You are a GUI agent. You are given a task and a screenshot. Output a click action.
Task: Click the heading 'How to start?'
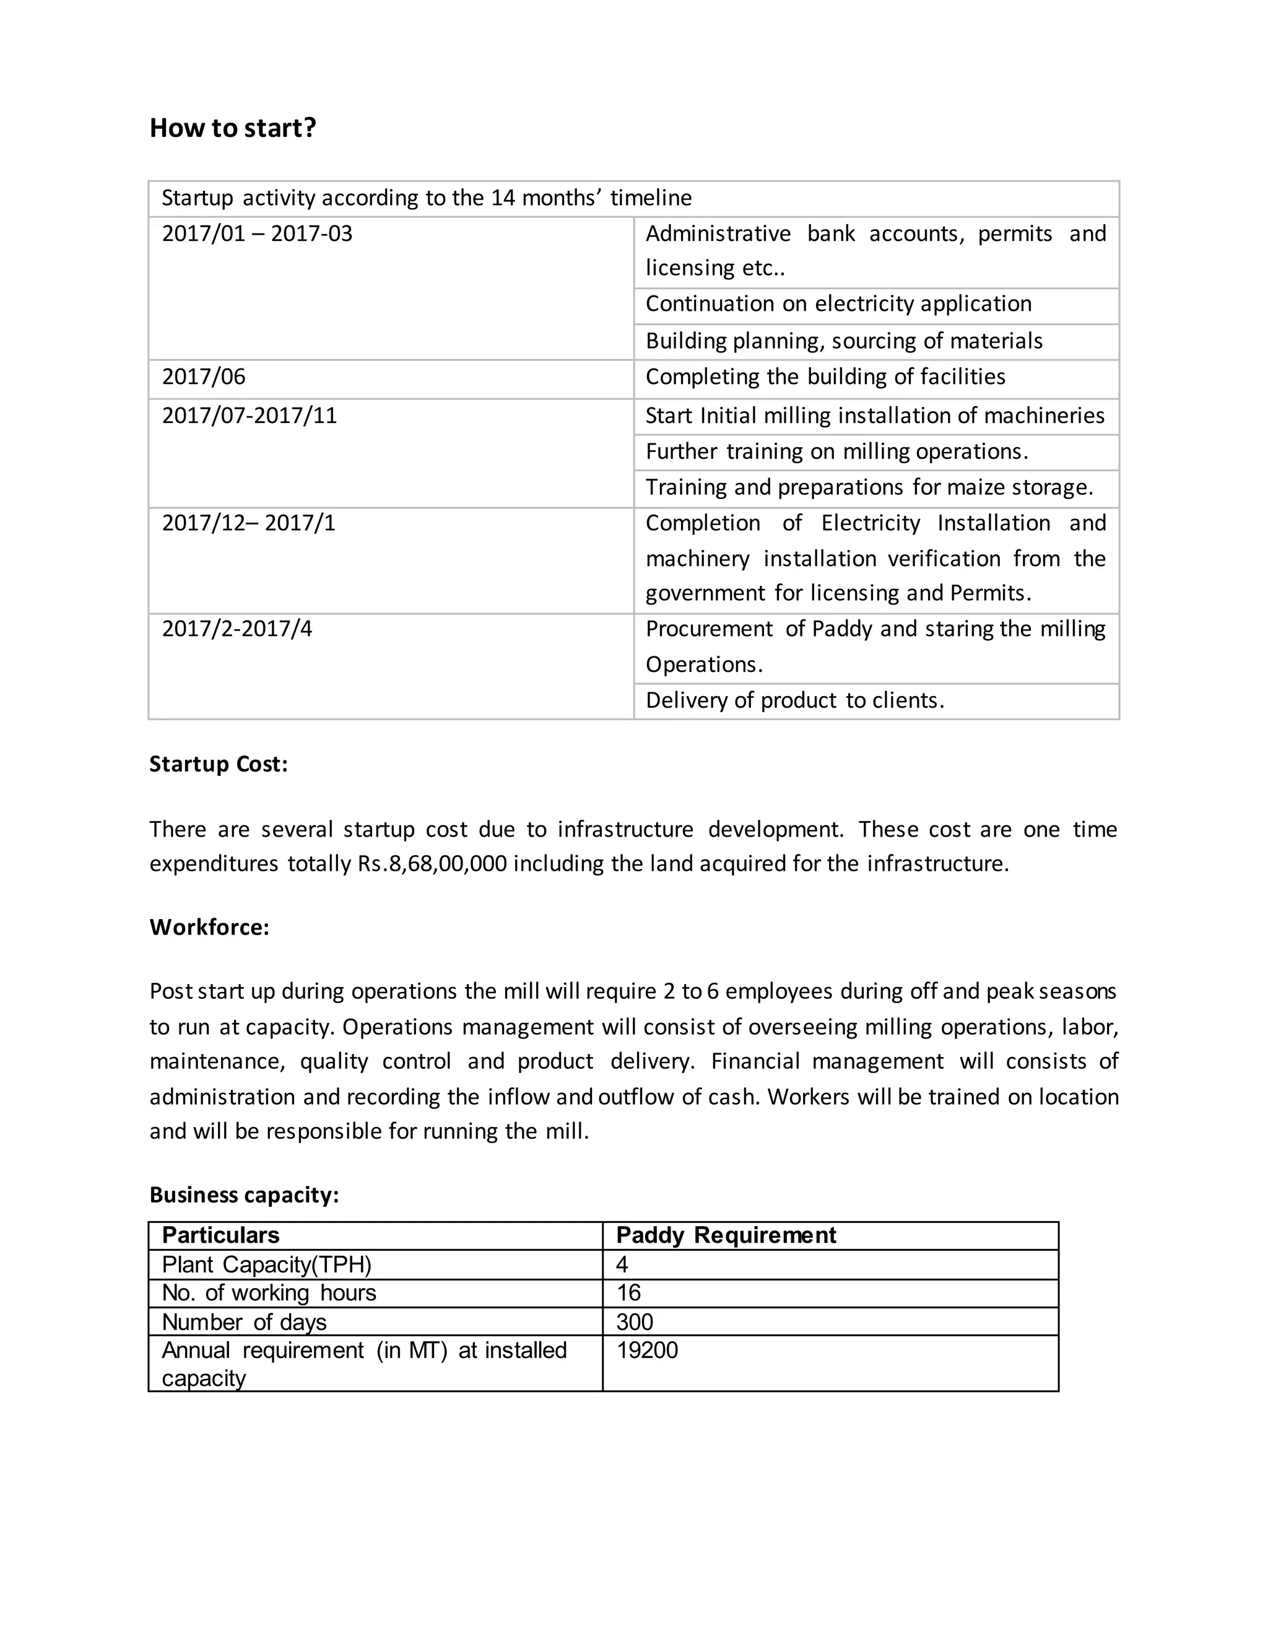pyautogui.click(x=233, y=128)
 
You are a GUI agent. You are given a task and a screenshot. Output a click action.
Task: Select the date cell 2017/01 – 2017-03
pyautogui.click(x=257, y=233)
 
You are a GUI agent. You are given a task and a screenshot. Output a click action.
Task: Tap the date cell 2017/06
pyautogui.click(x=204, y=377)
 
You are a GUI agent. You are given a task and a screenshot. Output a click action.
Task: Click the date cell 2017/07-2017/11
pyautogui.click(x=250, y=416)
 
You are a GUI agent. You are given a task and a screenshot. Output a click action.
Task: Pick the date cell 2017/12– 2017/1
pyautogui.click(x=249, y=523)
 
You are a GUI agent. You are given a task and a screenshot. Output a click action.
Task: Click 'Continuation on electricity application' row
pyautogui.click(x=838, y=304)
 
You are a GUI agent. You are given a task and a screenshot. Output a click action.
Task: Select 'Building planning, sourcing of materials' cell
pyautogui.click(x=844, y=341)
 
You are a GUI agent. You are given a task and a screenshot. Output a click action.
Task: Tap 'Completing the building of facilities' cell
pyautogui.click(x=825, y=377)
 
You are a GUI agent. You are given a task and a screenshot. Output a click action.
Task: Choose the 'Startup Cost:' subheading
pyautogui.click(x=219, y=764)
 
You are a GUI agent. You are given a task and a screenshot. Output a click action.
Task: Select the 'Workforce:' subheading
pyautogui.click(x=209, y=927)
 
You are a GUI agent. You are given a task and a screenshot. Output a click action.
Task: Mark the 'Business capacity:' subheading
pyautogui.click(x=244, y=1195)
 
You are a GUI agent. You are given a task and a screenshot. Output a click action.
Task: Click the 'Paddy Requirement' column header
pyautogui.click(x=726, y=1235)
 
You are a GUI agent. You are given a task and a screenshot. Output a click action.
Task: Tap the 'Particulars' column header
pyautogui.click(x=220, y=1235)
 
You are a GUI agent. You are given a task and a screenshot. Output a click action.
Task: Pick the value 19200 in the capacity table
pyautogui.click(x=647, y=1350)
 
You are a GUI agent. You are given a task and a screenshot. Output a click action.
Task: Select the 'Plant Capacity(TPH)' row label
pyautogui.click(x=267, y=1264)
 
